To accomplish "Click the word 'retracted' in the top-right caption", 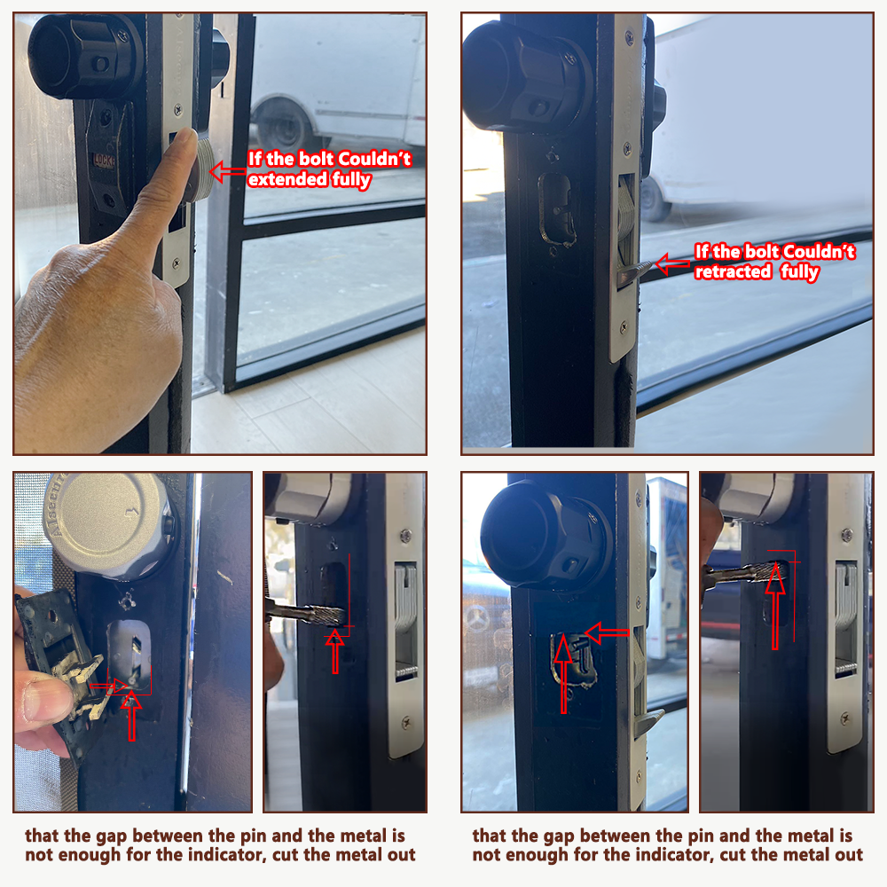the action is tap(734, 272).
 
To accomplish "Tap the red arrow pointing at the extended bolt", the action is tap(228, 171).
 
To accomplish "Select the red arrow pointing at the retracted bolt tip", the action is tap(673, 263).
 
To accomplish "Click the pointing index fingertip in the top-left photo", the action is tap(186, 138).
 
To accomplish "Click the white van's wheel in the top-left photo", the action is tap(282, 126).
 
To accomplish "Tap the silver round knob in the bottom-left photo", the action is tap(110, 523).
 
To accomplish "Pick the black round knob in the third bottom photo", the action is tap(545, 535).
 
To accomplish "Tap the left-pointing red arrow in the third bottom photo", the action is tap(607, 633).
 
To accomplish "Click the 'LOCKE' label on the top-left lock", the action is tap(104, 161).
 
